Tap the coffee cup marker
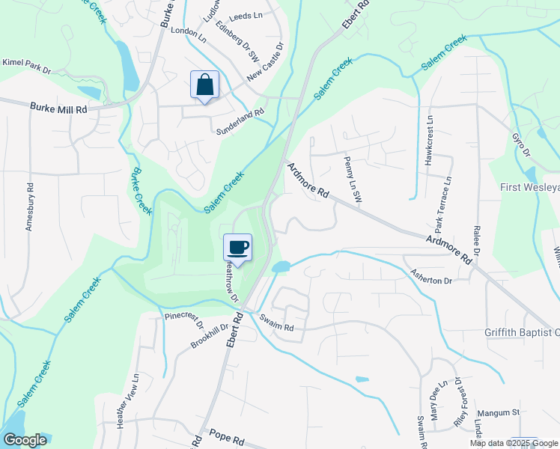point(237,248)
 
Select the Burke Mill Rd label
point(59,109)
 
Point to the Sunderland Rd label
point(240,112)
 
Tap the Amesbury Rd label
point(30,207)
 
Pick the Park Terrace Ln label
point(442,204)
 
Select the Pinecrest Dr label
point(184,320)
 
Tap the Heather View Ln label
point(126,401)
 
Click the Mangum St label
point(499,412)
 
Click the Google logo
point(25,440)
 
